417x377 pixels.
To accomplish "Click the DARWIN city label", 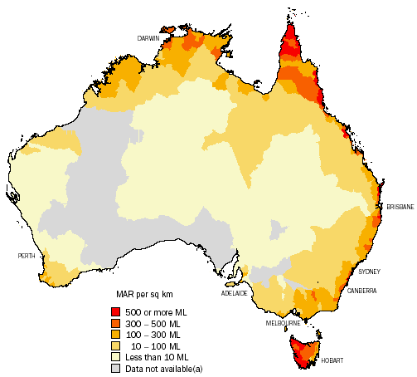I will [x=148, y=38].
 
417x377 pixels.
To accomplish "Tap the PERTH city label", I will [x=27, y=256].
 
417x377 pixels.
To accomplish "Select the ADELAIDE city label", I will [x=234, y=293].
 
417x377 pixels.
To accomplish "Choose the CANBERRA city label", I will [x=363, y=291].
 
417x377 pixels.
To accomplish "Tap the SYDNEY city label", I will [x=369, y=272].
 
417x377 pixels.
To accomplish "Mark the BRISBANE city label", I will [x=400, y=207].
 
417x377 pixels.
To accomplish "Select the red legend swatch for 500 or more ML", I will [x=115, y=311].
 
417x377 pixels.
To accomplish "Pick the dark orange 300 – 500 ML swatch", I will [x=115, y=322].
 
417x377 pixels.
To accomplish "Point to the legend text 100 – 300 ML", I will [x=154, y=334].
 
